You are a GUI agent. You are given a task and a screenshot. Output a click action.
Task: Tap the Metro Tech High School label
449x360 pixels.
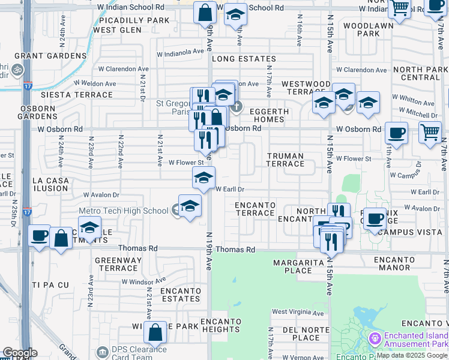[x=124, y=211]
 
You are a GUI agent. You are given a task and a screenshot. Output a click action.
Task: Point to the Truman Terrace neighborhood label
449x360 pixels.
[x=285, y=160]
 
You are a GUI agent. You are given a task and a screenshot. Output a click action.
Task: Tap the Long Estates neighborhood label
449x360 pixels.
[x=244, y=59]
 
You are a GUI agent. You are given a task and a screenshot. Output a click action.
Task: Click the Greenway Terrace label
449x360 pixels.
[x=118, y=264]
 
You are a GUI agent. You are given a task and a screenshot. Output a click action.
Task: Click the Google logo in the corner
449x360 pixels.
[x=19, y=353]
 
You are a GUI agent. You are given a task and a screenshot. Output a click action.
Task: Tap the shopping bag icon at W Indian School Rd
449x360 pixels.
[x=205, y=12]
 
